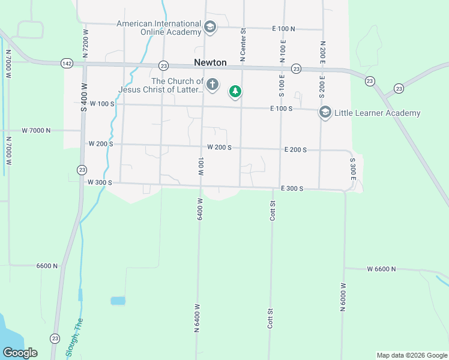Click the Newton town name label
tap(210, 62)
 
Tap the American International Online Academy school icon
tap(210, 26)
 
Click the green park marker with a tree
tap(235, 92)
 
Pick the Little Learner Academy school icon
tap(325, 112)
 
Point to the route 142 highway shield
tap(67, 63)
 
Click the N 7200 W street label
tap(85, 43)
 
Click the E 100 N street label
tap(284, 29)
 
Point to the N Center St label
tap(243, 46)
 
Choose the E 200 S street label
tap(295, 149)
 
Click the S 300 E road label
tap(354, 170)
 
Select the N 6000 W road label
tap(344, 298)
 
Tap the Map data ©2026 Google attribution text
tap(412, 355)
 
